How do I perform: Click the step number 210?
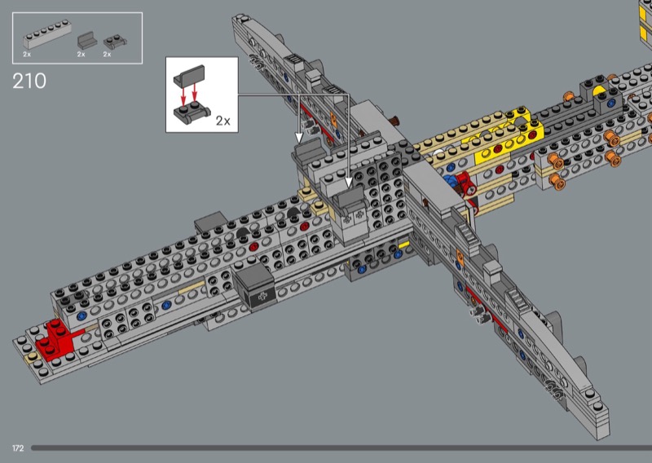(x=29, y=81)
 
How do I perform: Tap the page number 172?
(x=18, y=448)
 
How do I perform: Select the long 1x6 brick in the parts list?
(x=47, y=34)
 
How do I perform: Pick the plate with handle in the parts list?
(x=115, y=42)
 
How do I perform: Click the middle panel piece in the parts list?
(x=87, y=41)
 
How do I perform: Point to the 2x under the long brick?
(x=27, y=54)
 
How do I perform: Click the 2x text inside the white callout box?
(x=222, y=121)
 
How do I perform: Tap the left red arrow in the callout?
(x=183, y=95)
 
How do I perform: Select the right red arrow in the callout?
(x=194, y=94)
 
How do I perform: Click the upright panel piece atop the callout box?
(x=190, y=75)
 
